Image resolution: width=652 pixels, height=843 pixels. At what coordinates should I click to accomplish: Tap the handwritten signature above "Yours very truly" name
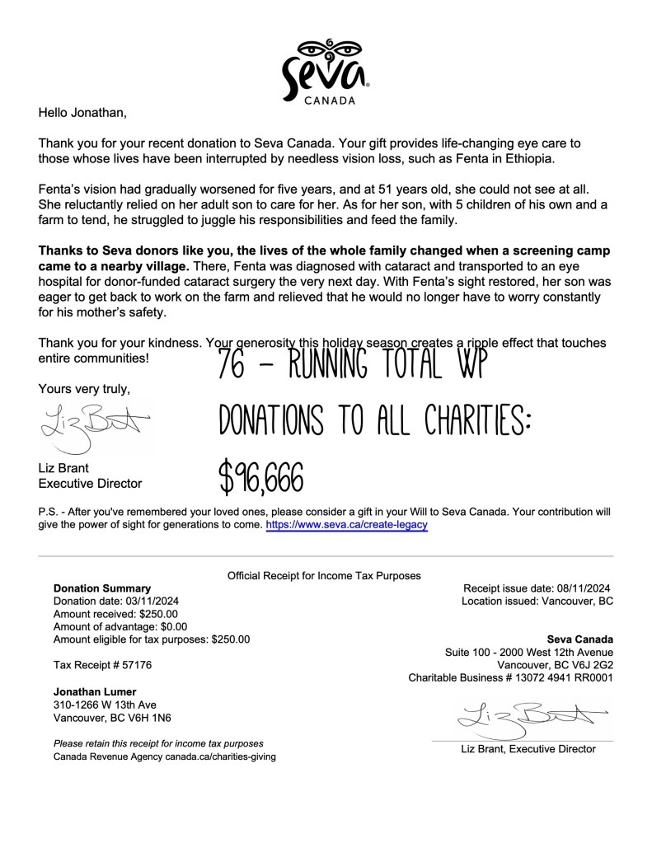pos(92,427)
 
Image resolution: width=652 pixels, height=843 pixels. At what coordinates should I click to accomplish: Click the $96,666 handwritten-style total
pos(261,475)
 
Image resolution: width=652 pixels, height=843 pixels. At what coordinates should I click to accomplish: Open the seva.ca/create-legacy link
pos(346,524)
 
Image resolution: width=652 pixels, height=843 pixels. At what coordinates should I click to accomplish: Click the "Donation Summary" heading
pos(102,588)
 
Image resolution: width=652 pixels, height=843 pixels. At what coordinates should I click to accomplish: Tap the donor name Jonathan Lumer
pos(95,691)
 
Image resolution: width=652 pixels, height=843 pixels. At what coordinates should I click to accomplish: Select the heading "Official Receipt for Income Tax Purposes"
pos(324,575)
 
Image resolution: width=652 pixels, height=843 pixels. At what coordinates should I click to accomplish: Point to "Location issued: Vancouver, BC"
pos(537,602)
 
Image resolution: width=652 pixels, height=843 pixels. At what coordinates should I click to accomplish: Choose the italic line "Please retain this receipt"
pos(158,743)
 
